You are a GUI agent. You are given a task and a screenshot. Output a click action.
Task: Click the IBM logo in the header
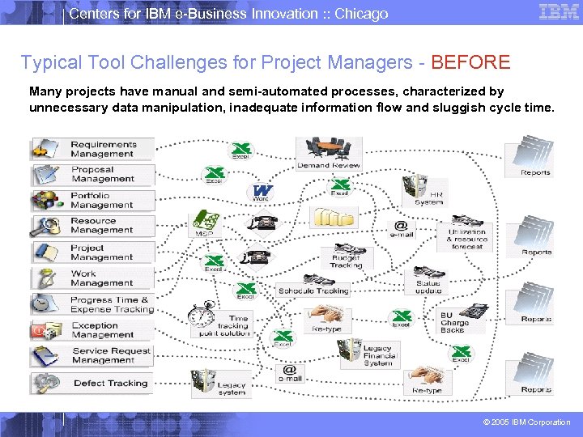[559, 12]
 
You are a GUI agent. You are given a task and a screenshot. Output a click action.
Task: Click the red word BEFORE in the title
[470, 62]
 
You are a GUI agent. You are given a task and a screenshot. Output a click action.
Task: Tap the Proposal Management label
[103, 175]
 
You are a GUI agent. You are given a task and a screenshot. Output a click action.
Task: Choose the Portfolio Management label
[101, 200]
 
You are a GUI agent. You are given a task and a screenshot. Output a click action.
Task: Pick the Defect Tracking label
[111, 383]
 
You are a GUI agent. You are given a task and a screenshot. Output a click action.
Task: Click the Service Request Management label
[111, 355]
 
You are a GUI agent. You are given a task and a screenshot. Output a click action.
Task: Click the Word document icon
[262, 192]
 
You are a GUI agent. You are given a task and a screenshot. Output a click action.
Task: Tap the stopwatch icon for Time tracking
[200, 315]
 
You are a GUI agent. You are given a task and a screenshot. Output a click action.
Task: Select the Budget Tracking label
[347, 261]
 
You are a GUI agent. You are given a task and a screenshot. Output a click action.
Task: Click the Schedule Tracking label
[313, 291]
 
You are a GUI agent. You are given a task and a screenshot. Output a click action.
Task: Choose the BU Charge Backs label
[453, 323]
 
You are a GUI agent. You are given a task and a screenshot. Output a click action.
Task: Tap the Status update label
[428, 287]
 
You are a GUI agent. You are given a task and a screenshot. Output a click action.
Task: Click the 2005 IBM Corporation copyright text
[526, 422]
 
